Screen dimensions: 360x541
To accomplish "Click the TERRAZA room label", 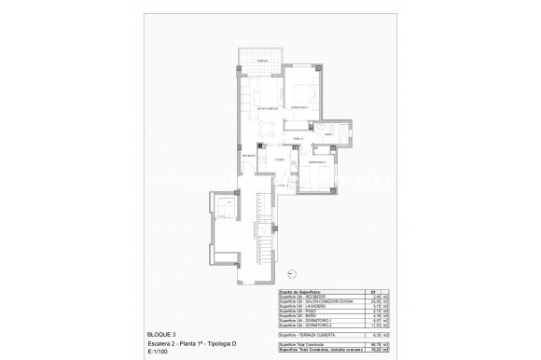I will [x=264, y=60].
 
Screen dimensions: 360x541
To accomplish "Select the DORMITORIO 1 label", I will [x=299, y=107].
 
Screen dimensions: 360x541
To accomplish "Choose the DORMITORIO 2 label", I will [x=318, y=163].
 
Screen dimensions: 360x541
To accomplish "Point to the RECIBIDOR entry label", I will [x=249, y=156].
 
